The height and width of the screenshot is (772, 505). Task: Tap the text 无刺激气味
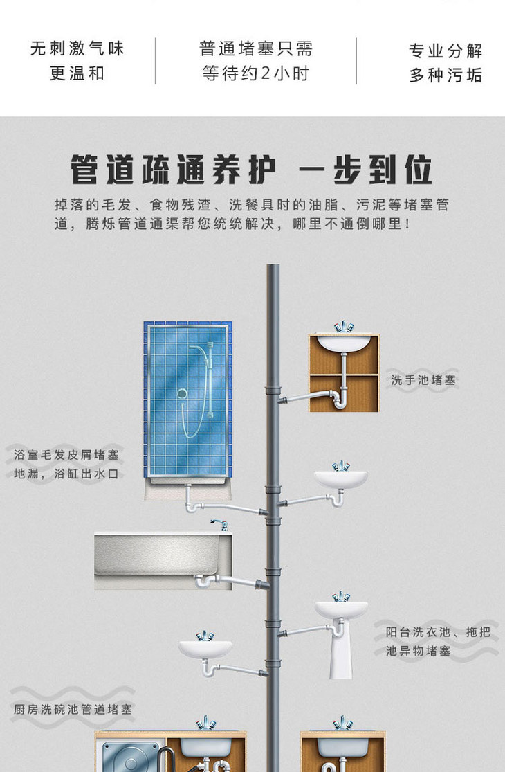[77, 48]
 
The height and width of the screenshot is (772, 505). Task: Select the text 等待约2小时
[255, 73]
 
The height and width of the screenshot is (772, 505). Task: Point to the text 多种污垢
[446, 75]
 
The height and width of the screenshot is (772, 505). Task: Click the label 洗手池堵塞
[423, 380]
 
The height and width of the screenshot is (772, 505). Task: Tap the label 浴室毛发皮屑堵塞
[66, 455]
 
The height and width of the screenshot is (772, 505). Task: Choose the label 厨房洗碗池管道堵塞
[73, 709]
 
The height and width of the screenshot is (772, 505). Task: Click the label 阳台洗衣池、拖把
[438, 631]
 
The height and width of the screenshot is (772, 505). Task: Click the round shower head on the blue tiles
[182, 393]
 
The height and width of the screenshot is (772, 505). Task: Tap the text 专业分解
[446, 51]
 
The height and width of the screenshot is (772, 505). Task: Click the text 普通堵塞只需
[255, 48]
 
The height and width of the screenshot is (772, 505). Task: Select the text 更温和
[77, 73]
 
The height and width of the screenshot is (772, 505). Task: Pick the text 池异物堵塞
[418, 651]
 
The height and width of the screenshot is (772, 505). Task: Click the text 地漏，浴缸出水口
[66, 474]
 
